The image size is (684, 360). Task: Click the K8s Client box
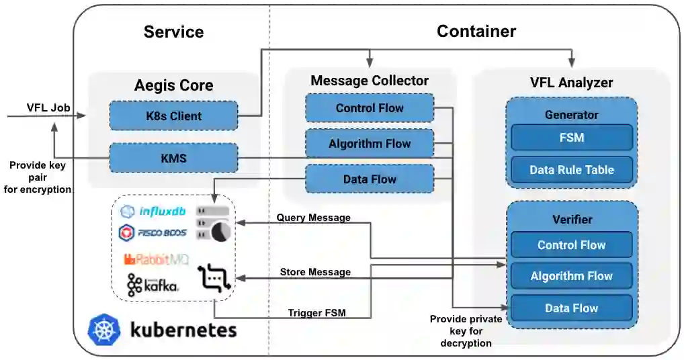click(173, 116)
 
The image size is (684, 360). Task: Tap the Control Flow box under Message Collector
click(369, 108)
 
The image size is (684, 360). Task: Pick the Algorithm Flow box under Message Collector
click(369, 144)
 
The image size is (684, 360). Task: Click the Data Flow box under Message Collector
click(369, 179)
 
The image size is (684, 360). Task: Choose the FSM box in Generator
click(571, 138)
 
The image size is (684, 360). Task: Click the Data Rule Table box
click(571, 170)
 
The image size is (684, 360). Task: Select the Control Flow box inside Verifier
click(571, 245)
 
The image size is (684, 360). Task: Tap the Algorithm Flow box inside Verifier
click(571, 276)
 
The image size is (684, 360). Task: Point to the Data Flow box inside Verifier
click(571, 308)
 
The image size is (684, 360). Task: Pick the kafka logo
click(153, 284)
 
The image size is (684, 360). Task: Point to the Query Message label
click(314, 218)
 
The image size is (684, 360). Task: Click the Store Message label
click(315, 272)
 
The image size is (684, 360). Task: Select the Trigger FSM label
click(316, 312)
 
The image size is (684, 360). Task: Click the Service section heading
click(173, 32)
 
